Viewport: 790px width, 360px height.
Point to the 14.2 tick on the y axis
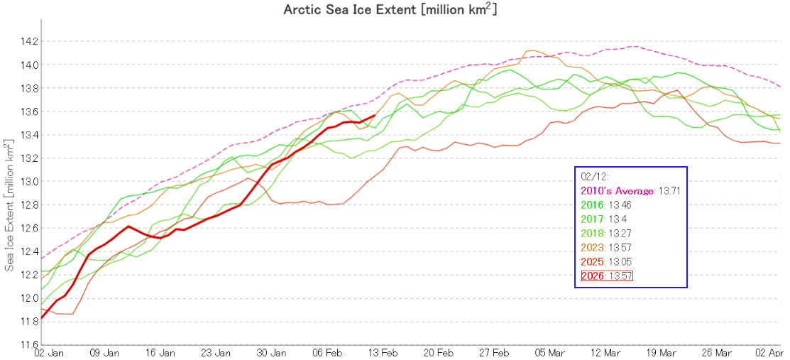tap(29, 41)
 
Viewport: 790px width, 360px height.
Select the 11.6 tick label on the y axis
tap(29, 344)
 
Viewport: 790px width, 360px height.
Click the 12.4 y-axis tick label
tap(29, 251)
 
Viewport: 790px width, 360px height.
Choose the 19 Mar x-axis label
tap(661, 353)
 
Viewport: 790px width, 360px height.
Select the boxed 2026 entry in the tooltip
tap(606, 276)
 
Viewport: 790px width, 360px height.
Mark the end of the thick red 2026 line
tap(375, 115)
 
